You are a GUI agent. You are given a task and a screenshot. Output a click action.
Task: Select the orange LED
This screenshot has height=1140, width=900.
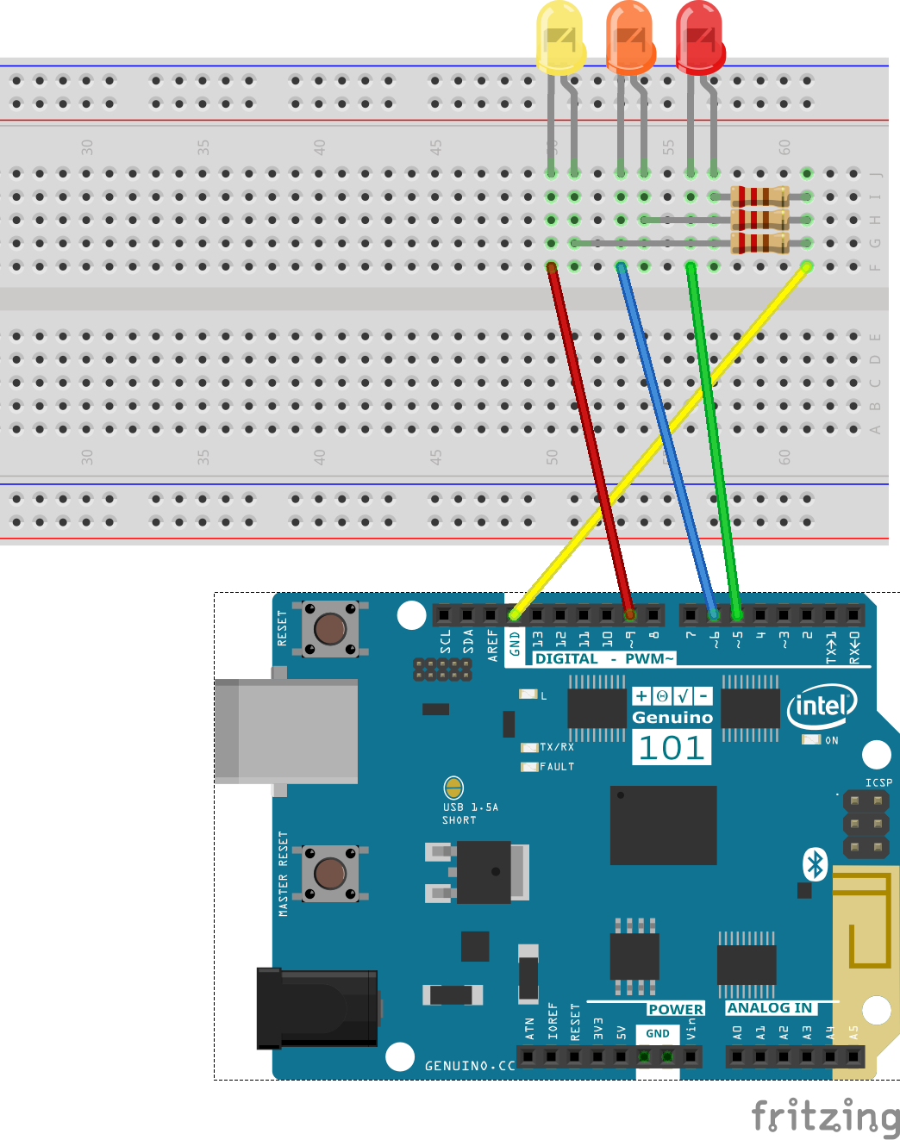coord(630,37)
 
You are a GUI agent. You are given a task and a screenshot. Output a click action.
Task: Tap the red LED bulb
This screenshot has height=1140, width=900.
coord(699,37)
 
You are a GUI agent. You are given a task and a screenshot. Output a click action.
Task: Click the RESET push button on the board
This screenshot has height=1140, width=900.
coord(330,628)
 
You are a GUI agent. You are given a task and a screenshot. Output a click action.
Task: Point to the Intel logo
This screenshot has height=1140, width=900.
coord(822,707)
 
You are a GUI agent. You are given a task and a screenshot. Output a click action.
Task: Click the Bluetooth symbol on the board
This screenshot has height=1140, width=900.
coord(815,864)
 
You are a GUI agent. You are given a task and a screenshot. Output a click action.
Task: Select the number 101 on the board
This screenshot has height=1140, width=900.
coord(672,748)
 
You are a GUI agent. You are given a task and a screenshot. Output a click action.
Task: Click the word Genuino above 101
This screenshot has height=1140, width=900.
coord(672,718)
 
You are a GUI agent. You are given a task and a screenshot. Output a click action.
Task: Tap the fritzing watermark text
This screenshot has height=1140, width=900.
coord(825,1116)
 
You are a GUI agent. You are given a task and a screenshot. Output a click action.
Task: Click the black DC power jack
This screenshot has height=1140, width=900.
coord(317,1007)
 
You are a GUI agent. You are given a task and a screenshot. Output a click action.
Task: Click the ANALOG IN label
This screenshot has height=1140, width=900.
coord(770,1008)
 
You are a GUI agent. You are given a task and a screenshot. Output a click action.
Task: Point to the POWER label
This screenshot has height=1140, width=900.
coord(676,1009)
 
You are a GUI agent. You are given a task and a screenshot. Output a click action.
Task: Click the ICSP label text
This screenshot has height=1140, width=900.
coord(878,782)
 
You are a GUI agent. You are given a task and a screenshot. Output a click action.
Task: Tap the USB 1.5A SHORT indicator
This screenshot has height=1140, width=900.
coord(453,788)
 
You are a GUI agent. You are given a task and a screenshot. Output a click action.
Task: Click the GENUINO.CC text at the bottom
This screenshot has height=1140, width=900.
coord(470,1066)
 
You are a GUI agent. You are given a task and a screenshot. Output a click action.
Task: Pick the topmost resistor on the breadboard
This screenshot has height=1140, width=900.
coord(759,196)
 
